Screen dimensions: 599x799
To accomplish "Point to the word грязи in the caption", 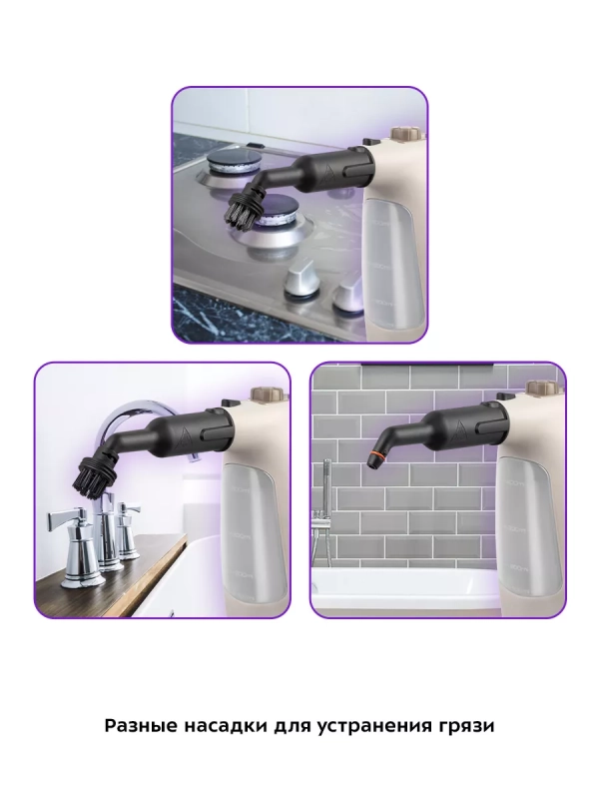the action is click(465, 727).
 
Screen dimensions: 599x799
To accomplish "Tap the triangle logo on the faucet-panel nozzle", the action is click(182, 434).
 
